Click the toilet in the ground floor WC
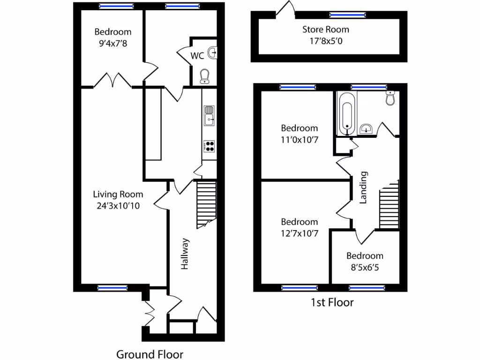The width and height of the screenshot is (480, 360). coord(205,76)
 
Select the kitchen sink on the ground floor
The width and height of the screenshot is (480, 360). coord(209,115)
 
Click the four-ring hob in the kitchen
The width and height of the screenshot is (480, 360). coord(209,146)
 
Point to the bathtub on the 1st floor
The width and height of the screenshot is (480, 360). coord(346,112)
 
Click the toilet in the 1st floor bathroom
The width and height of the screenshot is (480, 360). coord(390,98)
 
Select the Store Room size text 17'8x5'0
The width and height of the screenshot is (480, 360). coord(325,41)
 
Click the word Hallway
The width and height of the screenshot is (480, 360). coord(185,254)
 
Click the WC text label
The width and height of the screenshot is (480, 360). coord(197,56)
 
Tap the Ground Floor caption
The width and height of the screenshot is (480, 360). coord(150,354)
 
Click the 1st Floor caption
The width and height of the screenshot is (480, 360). coord(332,302)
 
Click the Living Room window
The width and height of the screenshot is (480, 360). coord(112,288)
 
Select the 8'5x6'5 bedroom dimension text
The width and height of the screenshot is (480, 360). coord(365,268)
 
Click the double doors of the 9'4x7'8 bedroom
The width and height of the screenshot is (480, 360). coord(112,81)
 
